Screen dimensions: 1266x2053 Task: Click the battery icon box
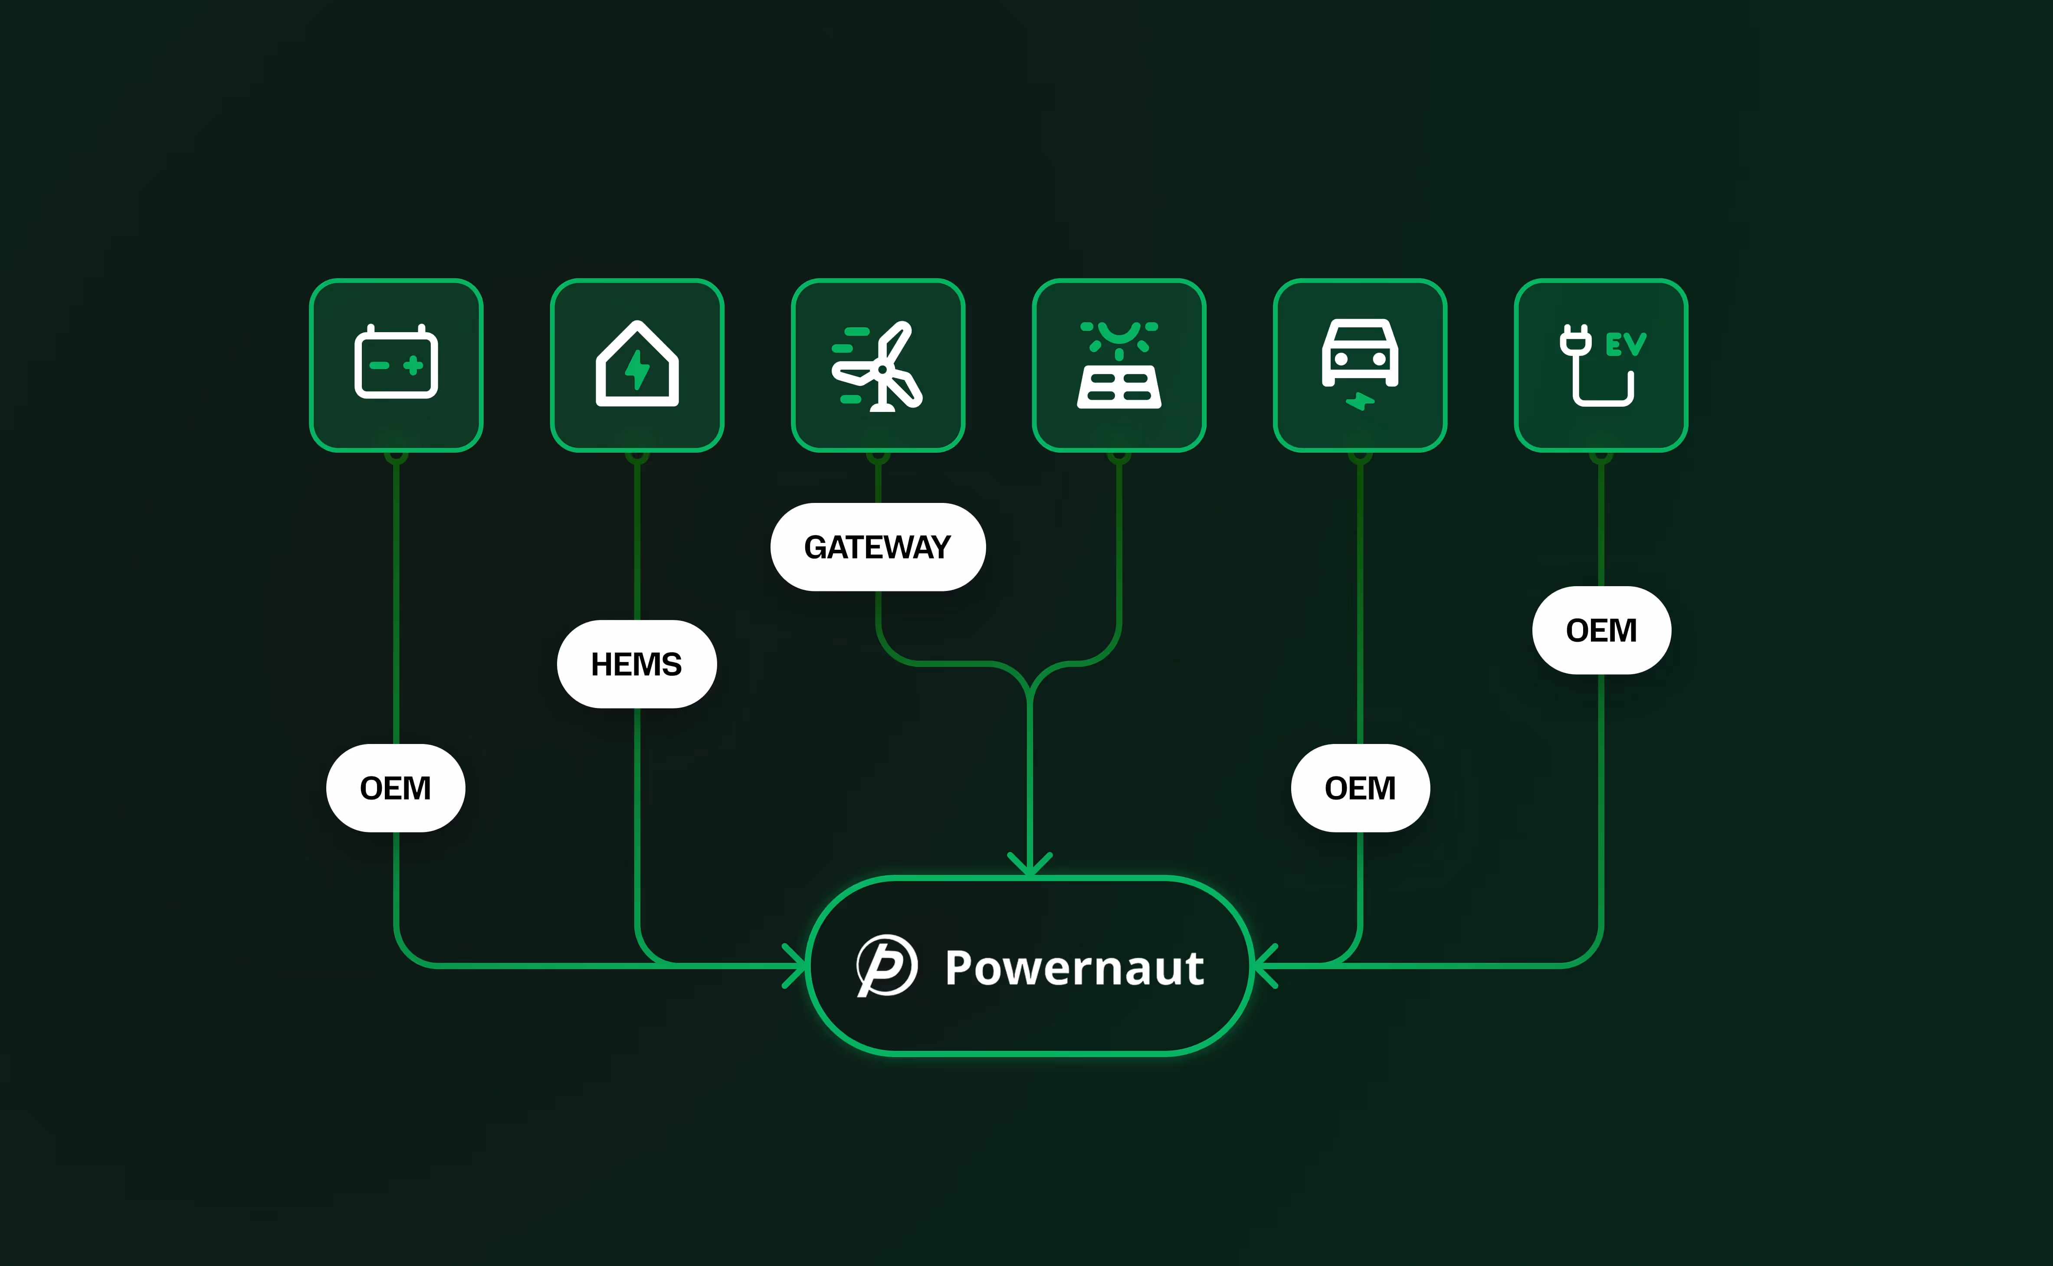click(x=396, y=365)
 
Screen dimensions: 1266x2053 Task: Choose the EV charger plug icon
click(x=1600, y=365)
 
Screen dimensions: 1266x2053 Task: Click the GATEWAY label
click(x=878, y=547)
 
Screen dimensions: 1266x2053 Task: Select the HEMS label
click(x=636, y=664)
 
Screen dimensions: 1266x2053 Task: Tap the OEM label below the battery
click(x=395, y=788)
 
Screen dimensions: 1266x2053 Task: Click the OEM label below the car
click(x=1360, y=788)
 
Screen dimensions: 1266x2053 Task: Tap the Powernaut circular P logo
click(x=887, y=966)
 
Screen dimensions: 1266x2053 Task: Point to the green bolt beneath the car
click(x=1360, y=402)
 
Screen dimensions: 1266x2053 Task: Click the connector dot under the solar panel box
click(x=1119, y=457)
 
